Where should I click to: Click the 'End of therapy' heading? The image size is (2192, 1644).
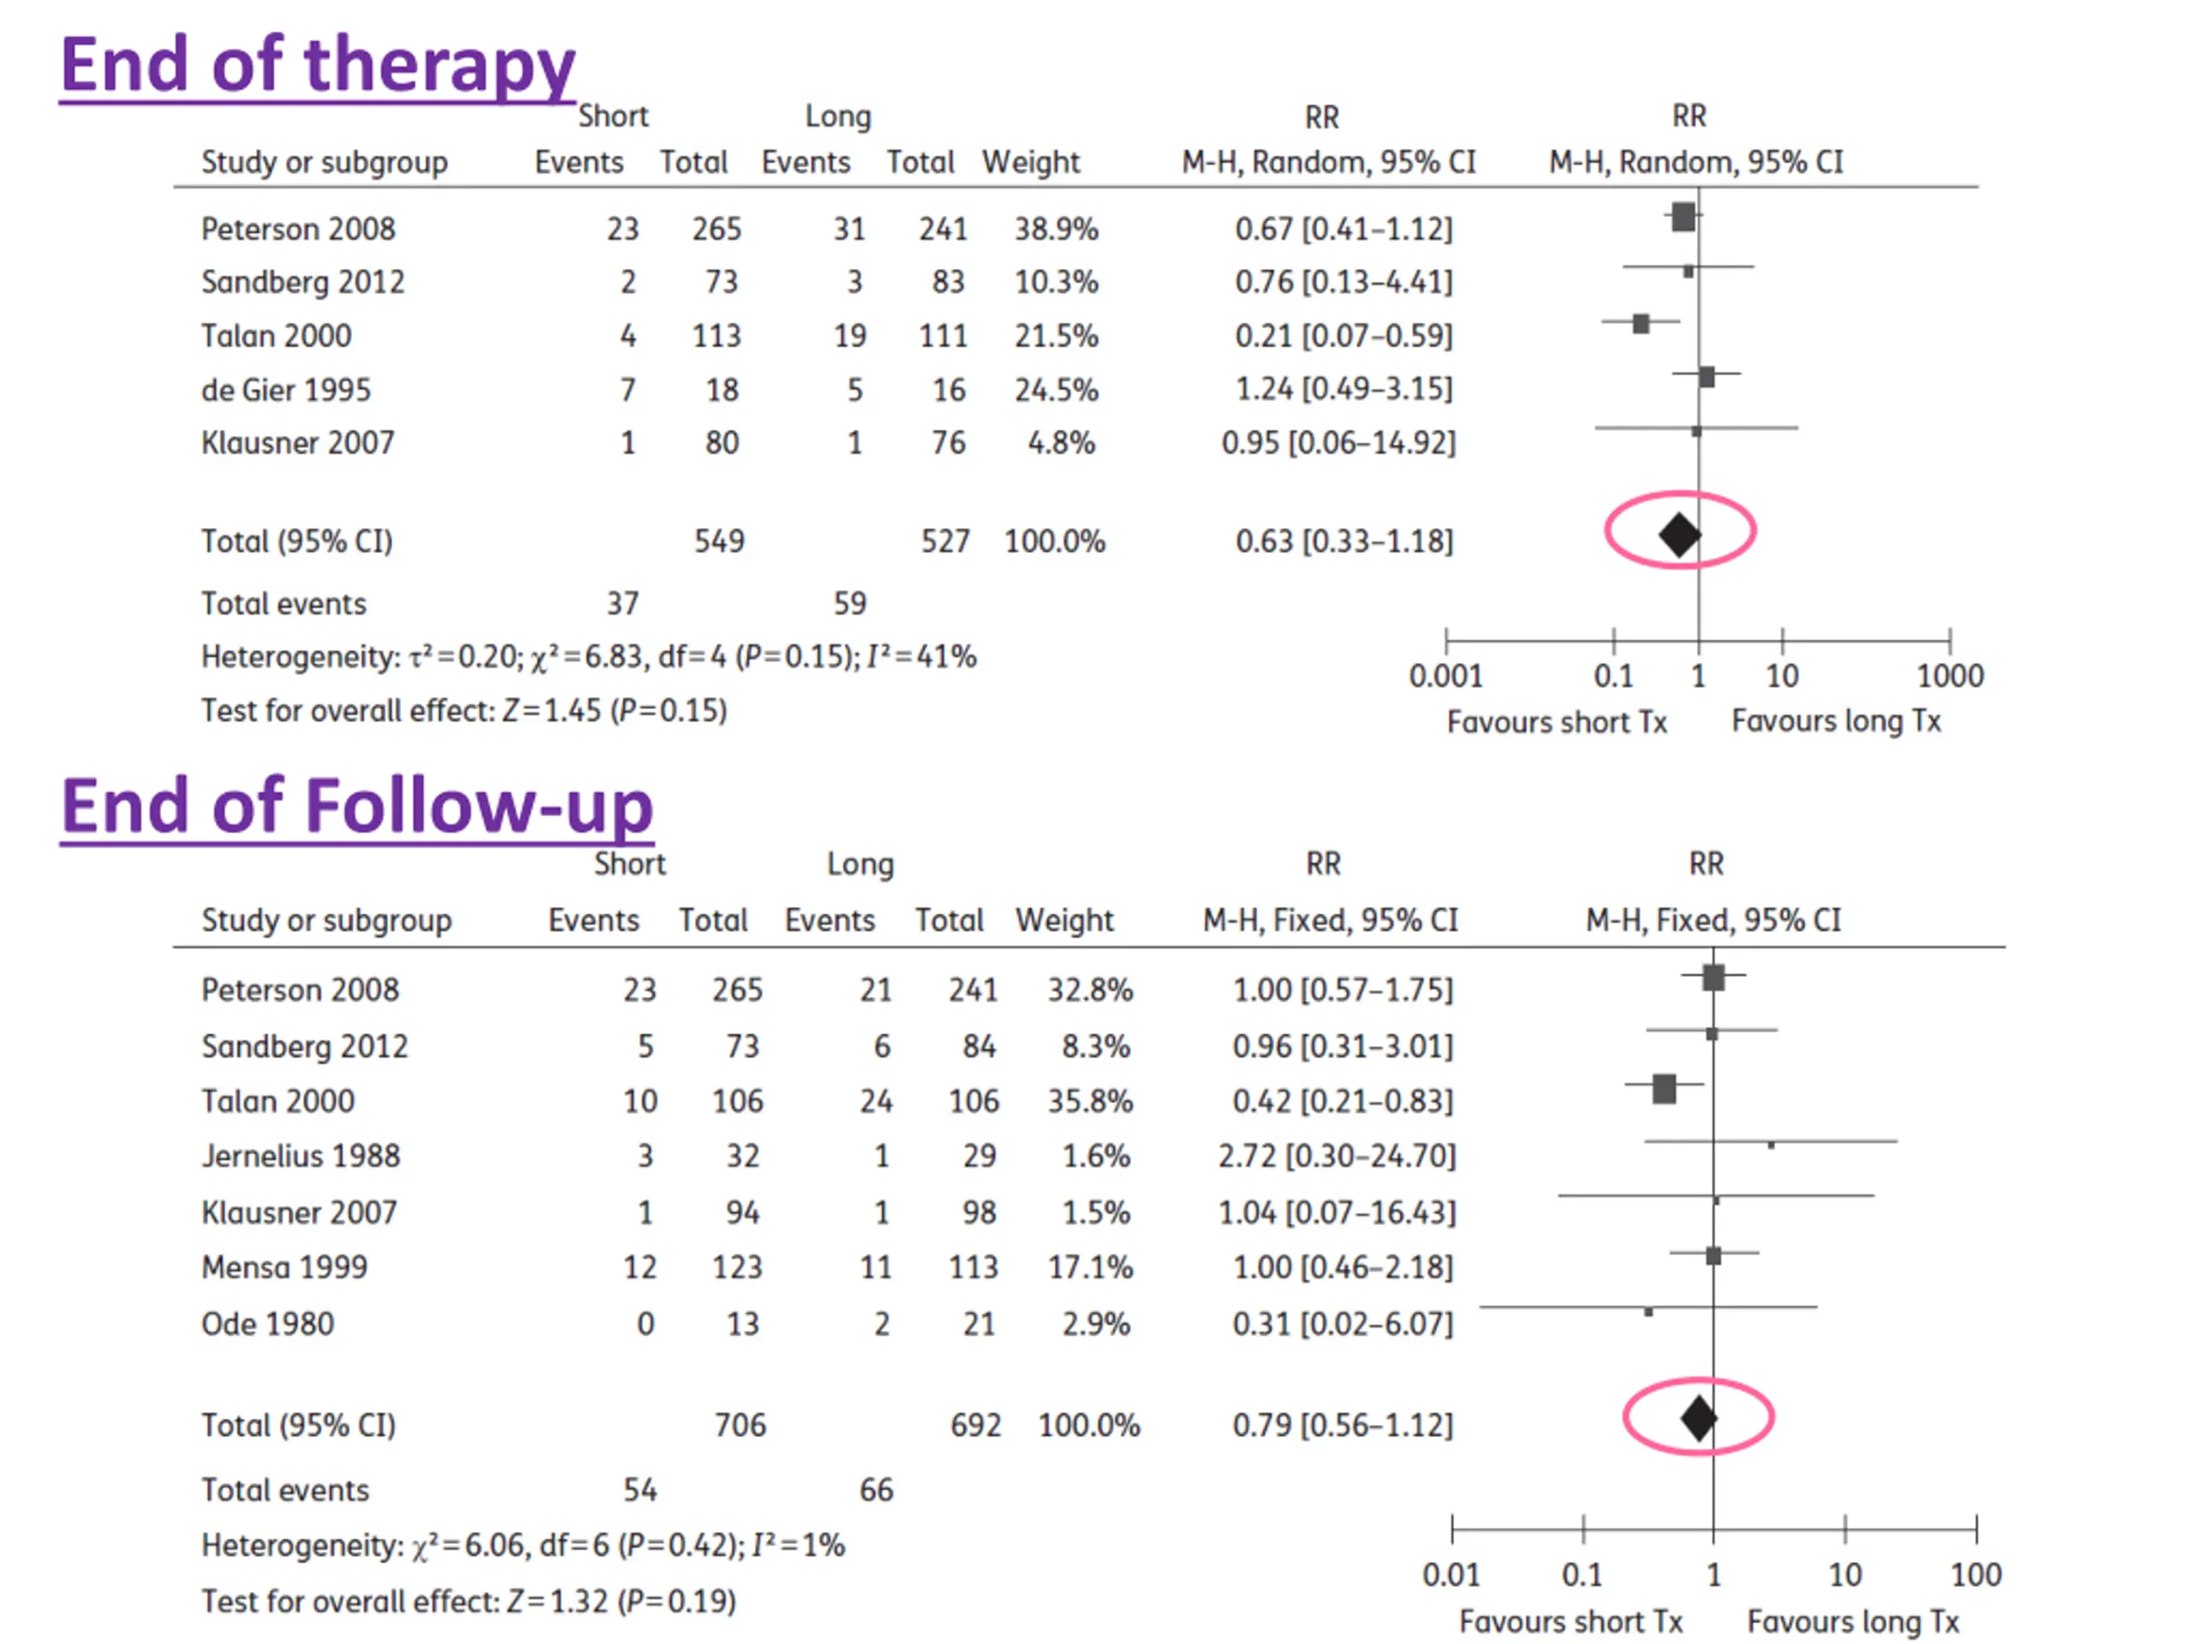point(317,65)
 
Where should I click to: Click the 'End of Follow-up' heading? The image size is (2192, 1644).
point(357,807)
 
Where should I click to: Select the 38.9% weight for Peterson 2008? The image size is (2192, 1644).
point(1056,229)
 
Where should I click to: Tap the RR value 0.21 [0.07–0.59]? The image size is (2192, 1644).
point(1343,336)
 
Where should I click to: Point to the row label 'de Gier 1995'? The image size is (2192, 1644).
point(285,390)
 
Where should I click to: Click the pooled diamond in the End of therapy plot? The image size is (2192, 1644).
point(1680,535)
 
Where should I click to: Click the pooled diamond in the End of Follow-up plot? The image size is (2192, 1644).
point(1699,1418)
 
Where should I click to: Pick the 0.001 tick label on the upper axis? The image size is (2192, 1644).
point(1446,676)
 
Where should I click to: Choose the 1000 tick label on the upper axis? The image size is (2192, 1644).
point(1949,676)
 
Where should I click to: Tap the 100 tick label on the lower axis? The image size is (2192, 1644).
point(1976,1575)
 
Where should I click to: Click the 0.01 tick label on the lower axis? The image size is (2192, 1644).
point(1450,1575)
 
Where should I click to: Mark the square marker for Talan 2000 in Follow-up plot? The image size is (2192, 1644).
point(1664,1088)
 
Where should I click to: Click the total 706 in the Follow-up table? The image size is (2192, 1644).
point(741,1425)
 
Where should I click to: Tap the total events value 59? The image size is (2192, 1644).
point(849,604)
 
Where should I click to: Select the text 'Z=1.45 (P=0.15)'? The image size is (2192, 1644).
point(615,711)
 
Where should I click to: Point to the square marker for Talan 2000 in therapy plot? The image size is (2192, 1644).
point(1641,323)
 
